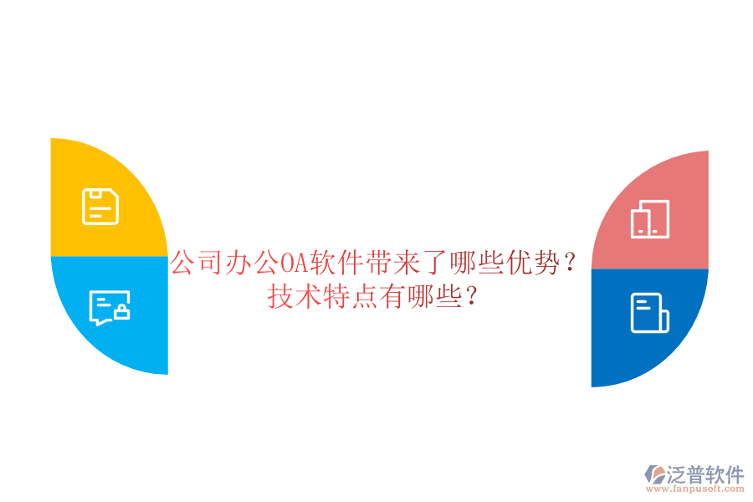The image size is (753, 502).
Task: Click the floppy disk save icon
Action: click(x=100, y=207)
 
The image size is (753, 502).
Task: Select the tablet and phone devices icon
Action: click(x=650, y=219)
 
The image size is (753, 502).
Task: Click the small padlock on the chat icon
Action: click(x=121, y=313)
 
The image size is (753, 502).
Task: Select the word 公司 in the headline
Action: click(x=197, y=265)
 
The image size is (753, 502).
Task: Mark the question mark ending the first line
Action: click(x=570, y=265)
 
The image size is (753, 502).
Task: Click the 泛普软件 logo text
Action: click(x=705, y=474)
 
